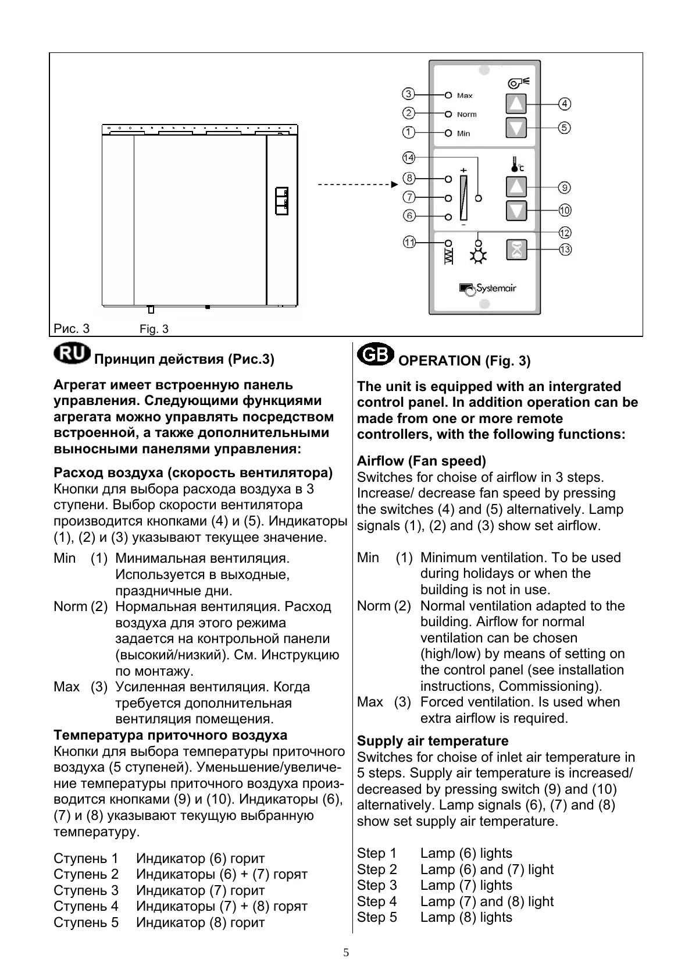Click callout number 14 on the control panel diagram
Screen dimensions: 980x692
click(x=409, y=158)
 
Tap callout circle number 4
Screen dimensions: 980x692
click(x=564, y=104)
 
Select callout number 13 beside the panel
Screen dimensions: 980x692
click(x=565, y=250)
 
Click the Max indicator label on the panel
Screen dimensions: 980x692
click(x=465, y=95)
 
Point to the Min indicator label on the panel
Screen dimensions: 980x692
click(x=463, y=133)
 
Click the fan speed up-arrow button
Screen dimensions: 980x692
click(x=516, y=104)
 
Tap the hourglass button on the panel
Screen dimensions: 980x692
click(x=516, y=250)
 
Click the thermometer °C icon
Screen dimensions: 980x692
click(x=517, y=165)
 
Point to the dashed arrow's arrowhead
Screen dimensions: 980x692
click(x=394, y=184)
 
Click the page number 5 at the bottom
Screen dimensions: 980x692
click(x=346, y=953)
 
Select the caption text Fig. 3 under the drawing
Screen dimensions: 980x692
click(x=154, y=329)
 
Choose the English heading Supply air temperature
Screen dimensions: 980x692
click(x=433, y=741)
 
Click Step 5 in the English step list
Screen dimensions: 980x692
click(x=377, y=917)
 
